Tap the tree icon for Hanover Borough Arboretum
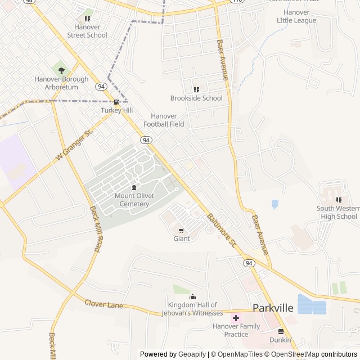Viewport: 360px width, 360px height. pyautogui.click(x=61, y=70)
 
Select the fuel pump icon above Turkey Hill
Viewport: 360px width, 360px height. pyautogui.click(x=116, y=102)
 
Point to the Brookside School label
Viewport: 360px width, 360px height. pyautogui.click(x=196, y=98)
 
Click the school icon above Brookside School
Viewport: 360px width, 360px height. pyautogui.click(x=196, y=89)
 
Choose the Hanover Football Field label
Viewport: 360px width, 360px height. pyautogui.click(x=164, y=120)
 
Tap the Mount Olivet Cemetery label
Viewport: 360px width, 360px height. pyautogui.click(x=132, y=200)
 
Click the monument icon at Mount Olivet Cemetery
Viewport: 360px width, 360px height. pyautogui.click(x=134, y=188)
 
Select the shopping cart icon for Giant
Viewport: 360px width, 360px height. pyautogui.click(x=181, y=231)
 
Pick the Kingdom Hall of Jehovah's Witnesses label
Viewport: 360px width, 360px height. pyautogui.click(x=192, y=309)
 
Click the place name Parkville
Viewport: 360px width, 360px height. pyautogui.click(x=273, y=308)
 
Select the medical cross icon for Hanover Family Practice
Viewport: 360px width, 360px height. pyautogui.click(x=236, y=318)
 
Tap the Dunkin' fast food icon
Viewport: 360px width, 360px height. pyautogui.click(x=281, y=331)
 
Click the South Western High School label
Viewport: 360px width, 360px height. pyautogui.click(x=336, y=213)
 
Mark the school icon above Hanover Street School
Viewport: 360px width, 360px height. pyautogui.click(x=87, y=19)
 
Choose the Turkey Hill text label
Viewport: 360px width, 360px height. pyautogui.click(x=116, y=110)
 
